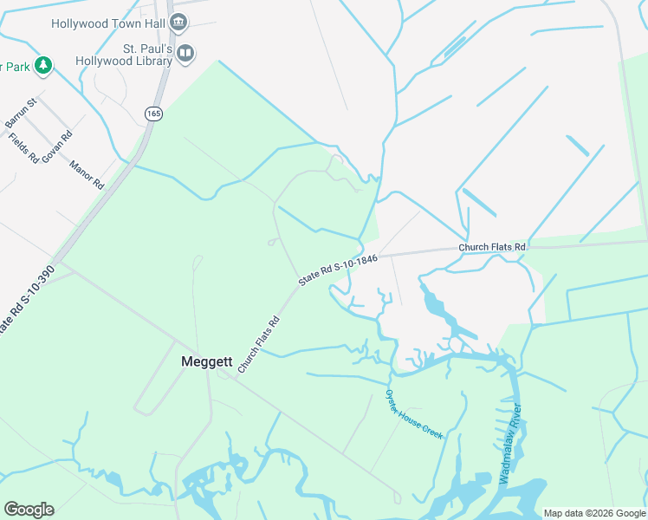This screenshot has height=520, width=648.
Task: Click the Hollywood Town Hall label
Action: tap(108, 23)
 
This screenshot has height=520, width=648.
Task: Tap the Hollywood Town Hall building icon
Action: tap(178, 23)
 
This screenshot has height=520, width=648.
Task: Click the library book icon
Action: tap(185, 55)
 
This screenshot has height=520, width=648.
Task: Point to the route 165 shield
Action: tap(153, 114)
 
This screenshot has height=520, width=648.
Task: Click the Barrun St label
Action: tap(21, 114)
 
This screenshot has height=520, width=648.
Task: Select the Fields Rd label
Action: tap(24, 148)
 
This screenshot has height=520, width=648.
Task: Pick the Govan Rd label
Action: tap(57, 145)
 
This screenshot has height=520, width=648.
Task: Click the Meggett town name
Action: tap(204, 361)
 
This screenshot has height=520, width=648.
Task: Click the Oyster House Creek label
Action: tap(414, 413)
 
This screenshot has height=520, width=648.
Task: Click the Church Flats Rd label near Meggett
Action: tap(259, 345)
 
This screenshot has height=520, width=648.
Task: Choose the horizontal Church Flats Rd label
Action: tap(492, 247)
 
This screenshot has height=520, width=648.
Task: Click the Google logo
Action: tap(29, 510)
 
